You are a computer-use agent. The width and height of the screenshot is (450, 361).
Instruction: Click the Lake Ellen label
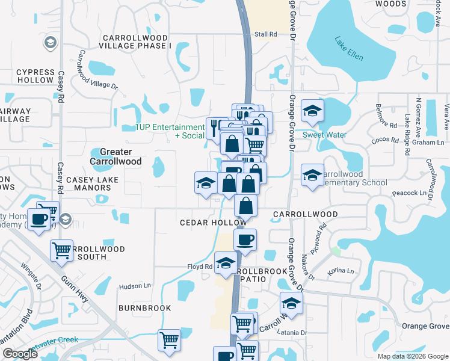coord(349,48)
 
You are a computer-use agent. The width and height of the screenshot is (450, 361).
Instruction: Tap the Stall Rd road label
coord(265,34)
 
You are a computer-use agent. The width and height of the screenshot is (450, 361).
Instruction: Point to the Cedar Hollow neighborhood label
coord(213,223)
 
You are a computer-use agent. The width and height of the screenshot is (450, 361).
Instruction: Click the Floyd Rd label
coord(200,267)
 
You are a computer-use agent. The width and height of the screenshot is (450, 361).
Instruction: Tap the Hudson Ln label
coord(133,287)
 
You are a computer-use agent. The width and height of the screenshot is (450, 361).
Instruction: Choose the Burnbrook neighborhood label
coord(144,308)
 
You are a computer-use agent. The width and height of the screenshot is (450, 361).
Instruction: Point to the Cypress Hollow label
coord(35,75)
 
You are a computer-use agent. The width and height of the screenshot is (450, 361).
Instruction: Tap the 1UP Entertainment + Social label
coord(170,131)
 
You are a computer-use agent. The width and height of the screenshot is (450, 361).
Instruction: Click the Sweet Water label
coord(324,135)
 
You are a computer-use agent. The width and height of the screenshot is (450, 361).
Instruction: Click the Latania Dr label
coord(292,332)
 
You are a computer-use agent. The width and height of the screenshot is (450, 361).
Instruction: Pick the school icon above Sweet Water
coord(312,111)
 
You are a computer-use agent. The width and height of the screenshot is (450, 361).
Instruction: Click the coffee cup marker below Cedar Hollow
coord(245,240)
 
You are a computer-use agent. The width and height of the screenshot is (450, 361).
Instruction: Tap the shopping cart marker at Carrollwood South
coord(62,251)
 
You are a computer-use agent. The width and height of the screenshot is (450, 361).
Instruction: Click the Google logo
coord(20,354)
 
